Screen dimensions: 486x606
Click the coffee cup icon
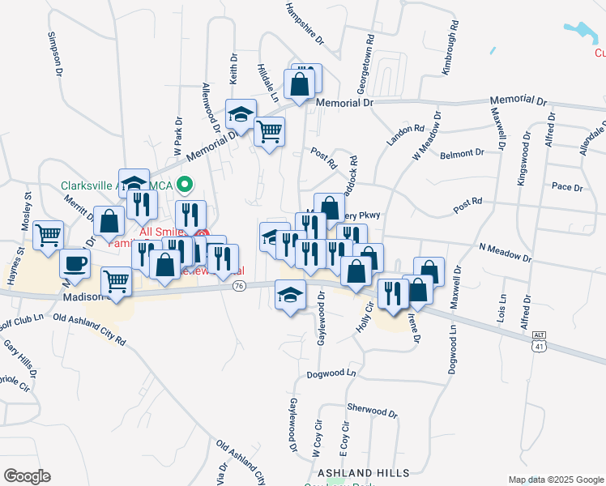75,262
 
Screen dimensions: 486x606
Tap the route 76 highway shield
238,286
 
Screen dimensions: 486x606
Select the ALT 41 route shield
540,341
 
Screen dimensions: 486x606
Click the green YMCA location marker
184,185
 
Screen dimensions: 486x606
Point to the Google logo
27,476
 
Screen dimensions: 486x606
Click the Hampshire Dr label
305,23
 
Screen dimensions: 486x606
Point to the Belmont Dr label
462,152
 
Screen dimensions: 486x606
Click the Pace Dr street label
566,187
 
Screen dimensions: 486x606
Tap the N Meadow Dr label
505,253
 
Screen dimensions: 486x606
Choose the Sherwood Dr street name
372,410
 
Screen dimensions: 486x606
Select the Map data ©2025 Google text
555,479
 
